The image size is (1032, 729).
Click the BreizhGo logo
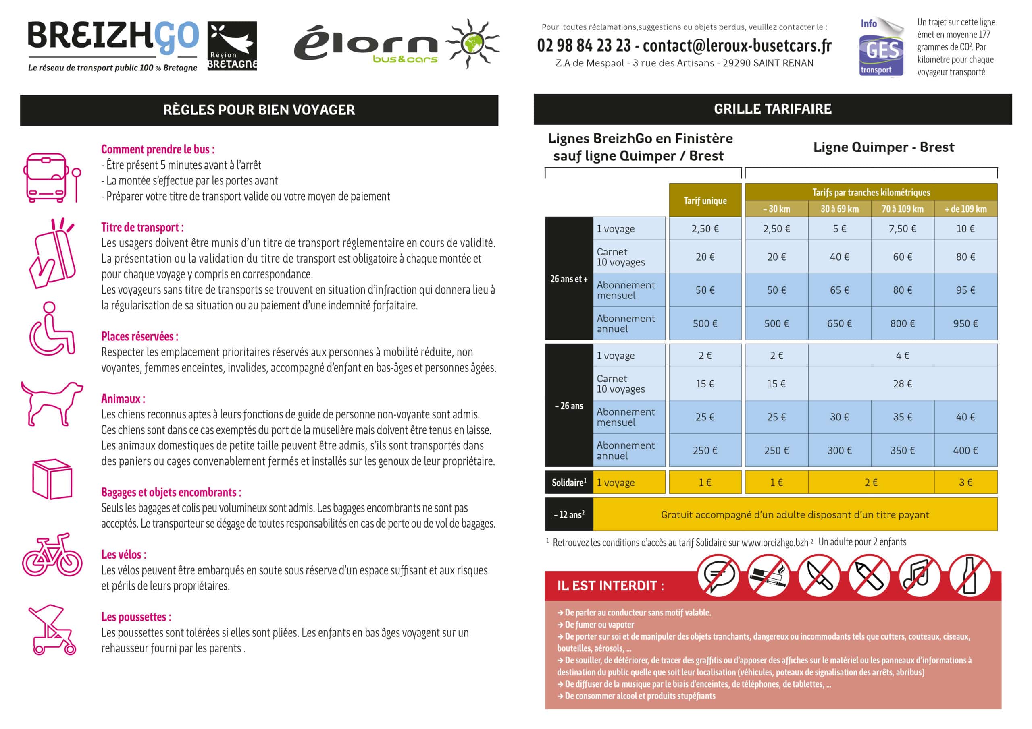(x=113, y=45)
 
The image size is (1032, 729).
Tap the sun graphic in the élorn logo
(x=472, y=43)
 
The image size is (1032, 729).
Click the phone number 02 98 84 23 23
(x=584, y=46)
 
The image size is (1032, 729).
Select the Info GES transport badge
(x=880, y=47)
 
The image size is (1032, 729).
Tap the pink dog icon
(x=52, y=402)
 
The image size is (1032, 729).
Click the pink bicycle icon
(x=52, y=555)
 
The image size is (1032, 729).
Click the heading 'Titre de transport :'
(x=142, y=227)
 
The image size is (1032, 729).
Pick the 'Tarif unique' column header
(x=705, y=200)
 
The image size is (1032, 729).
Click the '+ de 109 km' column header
(x=965, y=209)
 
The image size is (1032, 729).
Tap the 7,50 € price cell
(x=902, y=229)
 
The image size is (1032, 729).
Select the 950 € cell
(x=965, y=323)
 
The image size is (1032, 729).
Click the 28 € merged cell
(x=902, y=383)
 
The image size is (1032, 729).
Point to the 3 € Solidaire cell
(x=965, y=483)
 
